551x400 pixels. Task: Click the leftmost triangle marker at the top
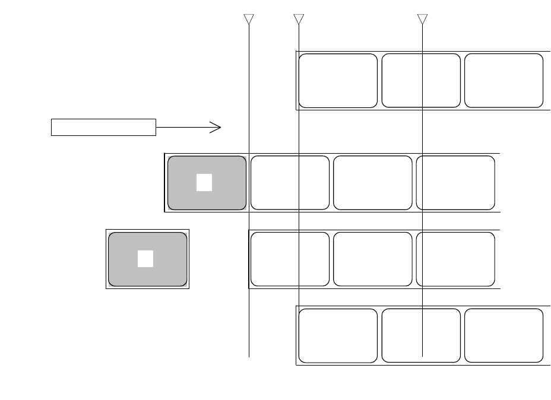click(249, 19)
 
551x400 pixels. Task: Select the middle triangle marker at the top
click(299, 19)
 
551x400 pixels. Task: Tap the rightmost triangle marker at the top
click(422, 19)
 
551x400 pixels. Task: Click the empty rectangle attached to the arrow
click(103, 127)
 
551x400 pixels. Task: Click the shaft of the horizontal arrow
click(184, 127)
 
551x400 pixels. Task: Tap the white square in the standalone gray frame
click(145, 259)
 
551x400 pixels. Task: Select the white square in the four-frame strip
click(204, 183)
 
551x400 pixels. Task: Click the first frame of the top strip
click(338, 81)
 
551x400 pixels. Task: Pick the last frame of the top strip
click(503, 81)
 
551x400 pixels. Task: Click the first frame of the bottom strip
click(338, 335)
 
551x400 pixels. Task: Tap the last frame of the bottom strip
click(503, 335)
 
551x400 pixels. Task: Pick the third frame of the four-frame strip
click(373, 183)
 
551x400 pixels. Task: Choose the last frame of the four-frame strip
click(455, 183)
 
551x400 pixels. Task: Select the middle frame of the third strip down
click(373, 259)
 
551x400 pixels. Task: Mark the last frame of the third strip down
click(455, 259)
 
